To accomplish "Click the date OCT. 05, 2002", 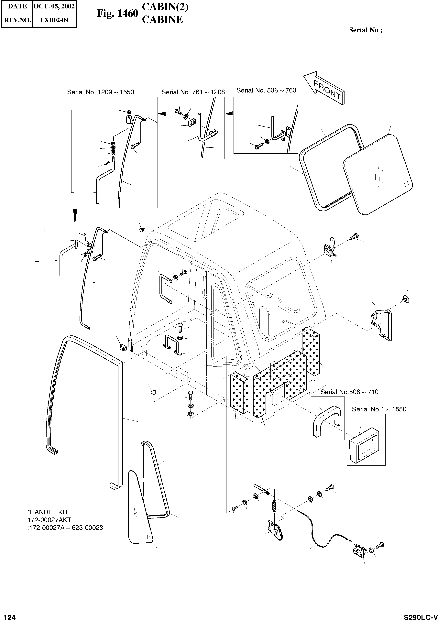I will pyautogui.click(x=54, y=6).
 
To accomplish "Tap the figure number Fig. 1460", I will pyautogui.click(x=117, y=13).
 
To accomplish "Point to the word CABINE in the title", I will pyautogui.click(x=162, y=20).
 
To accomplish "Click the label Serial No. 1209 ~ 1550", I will pyautogui.click(x=100, y=92).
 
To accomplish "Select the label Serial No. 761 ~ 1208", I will pyautogui.click(x=193, y=92).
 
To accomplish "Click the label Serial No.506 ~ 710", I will pyautogui.click(x=349, y=392).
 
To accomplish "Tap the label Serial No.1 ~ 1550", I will pyautogui.click(x=379, y=409).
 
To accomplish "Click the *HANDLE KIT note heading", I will pyautogui.click(x=48, y=512).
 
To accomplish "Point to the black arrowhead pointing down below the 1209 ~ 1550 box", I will pyautogui.click(x=75, y=216).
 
